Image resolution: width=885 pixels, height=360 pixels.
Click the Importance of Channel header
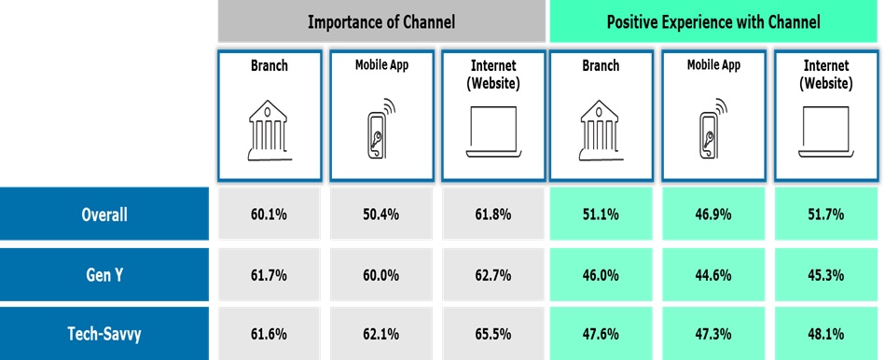(381, 22)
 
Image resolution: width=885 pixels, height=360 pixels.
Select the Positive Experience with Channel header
(712, 22)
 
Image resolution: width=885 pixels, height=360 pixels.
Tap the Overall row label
(104, 215)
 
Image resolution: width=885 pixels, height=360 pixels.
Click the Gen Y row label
(104, 275)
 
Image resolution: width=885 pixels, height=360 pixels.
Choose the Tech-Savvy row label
(104, 334)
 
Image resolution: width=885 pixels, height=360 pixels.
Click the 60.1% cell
(269, 215)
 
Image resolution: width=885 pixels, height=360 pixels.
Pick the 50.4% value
(381, 215)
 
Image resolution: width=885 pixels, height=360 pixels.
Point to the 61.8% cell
(493, 215)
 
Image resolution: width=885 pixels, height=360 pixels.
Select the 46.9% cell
(713, 215)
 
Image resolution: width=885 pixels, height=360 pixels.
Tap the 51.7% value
(825, 215)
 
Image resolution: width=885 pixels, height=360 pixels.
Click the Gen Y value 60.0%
(381, 275)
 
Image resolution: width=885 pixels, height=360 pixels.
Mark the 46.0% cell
(601, 275)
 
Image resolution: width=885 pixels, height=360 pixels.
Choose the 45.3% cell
(825, 275)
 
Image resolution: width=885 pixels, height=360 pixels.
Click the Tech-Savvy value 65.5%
(493, 334)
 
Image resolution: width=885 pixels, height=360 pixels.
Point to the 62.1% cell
(381, 334)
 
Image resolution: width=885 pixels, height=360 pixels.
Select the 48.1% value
(825, 334)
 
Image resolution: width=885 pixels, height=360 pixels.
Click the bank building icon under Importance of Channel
(270, 131)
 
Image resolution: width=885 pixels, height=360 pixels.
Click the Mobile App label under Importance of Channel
(381, 65)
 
